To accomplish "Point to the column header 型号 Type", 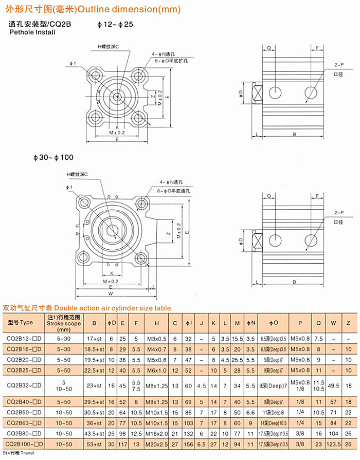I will pyautogui.click(x=20, y=322).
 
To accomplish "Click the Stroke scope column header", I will pyautogui.click(x=64, y=323).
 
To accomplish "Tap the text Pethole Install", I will pyautogui.click(x=32, y=32).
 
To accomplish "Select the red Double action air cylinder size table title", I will pyautogui.click(x=86, y=308).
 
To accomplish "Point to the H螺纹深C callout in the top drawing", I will pyautogui.click(x=109, y=46).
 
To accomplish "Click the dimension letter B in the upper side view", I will pyautogui.click(x=294, y=134).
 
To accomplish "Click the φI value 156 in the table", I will pyautogui.click(x=189, y=444).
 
